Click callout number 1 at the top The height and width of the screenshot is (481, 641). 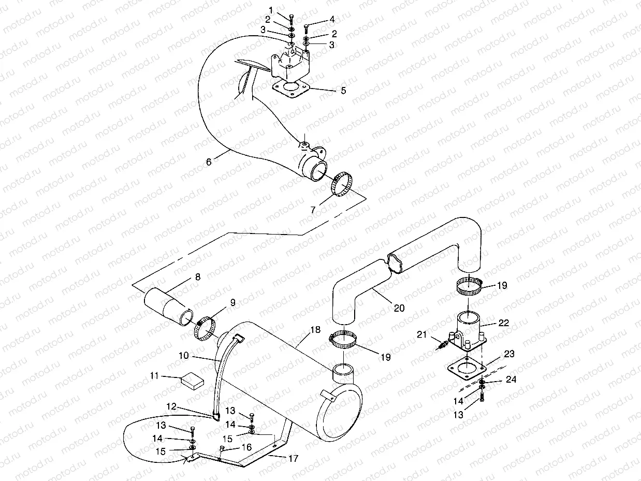pos(270,10)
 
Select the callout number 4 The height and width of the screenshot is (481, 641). pos(332,20)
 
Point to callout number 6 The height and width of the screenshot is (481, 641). pos(209,162)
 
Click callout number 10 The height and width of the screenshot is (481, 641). pos(183,357)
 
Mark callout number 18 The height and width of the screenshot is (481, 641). pos(315,330)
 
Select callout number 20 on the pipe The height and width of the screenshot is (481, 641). pos(399,308)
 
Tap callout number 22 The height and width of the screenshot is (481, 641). pos(503,323)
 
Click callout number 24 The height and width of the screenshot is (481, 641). pos(512,380)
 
